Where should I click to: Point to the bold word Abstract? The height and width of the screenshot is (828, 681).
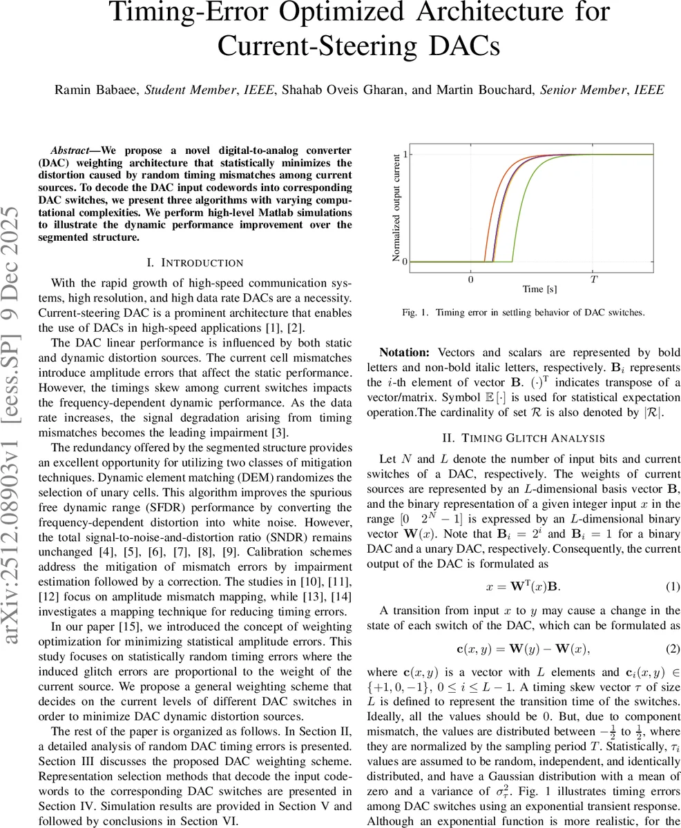click(74, 150)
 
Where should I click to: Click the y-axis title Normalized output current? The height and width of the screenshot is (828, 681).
click(396, 207)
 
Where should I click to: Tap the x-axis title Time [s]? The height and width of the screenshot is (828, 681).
click(539, 289)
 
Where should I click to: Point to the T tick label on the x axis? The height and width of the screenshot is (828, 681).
click(594, 279)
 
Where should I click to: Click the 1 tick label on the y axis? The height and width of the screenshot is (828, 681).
click(405, 155)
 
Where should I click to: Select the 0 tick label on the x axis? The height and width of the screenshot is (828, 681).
click(471, 279)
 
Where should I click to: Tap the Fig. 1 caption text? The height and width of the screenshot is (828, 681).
click(523, 313)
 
